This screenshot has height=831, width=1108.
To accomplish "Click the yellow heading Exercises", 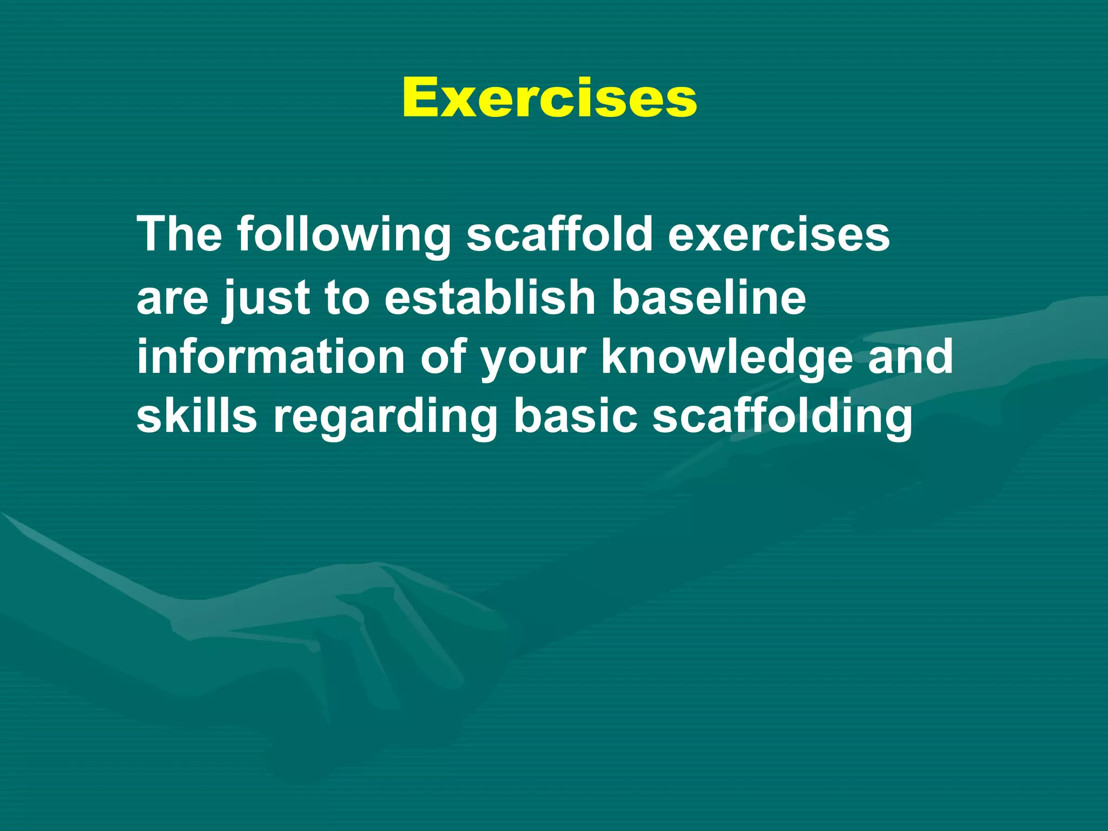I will (549, 98).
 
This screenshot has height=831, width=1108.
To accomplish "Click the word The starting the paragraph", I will (179, 234).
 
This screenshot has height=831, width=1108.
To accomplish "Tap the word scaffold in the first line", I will (559, 234).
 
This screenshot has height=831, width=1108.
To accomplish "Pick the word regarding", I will (385, 418).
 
